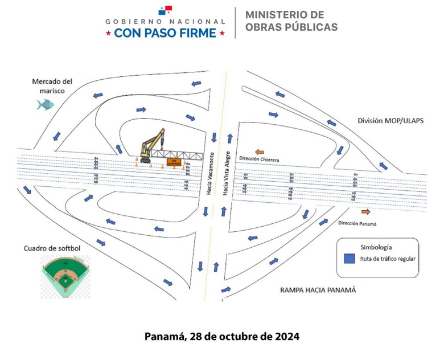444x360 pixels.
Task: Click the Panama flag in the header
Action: (x=165, y=11)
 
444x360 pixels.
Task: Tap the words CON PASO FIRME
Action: (x=165, y=33)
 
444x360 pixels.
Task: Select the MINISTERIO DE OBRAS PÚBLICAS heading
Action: (x=291, y=21)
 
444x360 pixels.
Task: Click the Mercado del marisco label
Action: (x=52, y=86)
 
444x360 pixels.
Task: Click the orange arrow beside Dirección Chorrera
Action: (x=259, y=152)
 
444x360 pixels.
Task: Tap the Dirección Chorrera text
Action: (x=260, y=160)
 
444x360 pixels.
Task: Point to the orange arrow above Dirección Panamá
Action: (x=365, y=211)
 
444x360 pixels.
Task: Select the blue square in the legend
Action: (x=350, y=258)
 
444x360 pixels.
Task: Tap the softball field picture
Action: (x=65, y=276)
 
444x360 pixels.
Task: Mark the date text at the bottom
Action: (x=222, y=336)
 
